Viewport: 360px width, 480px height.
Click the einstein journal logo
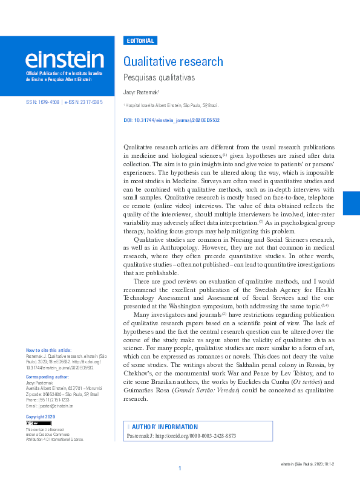pyautogui.click(x=64, y=59)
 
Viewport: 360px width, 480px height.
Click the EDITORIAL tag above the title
pyautogui.click(x=140, y=41)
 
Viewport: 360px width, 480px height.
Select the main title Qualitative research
pyautogui.click(x=173, y=62)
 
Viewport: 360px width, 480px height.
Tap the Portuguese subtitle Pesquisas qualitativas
pyautogui.click(x=159, y=78)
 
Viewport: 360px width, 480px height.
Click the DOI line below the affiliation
pyautogui.click(x=171, y=120)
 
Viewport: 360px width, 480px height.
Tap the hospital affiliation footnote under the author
pyautogui.click(x=167, y=105)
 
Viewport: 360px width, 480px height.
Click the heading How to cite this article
pyautogui.click(x=48, y=350)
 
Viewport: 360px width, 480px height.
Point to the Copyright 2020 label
pyautogui.click(x=41, y=417)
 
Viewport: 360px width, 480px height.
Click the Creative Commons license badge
pyautogui.click(x=34, y=424)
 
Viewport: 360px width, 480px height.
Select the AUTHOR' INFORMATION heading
pyautogui.click(x=164, y=426)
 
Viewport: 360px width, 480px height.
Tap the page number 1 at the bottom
pyautogui.click(x=180, y=469)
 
